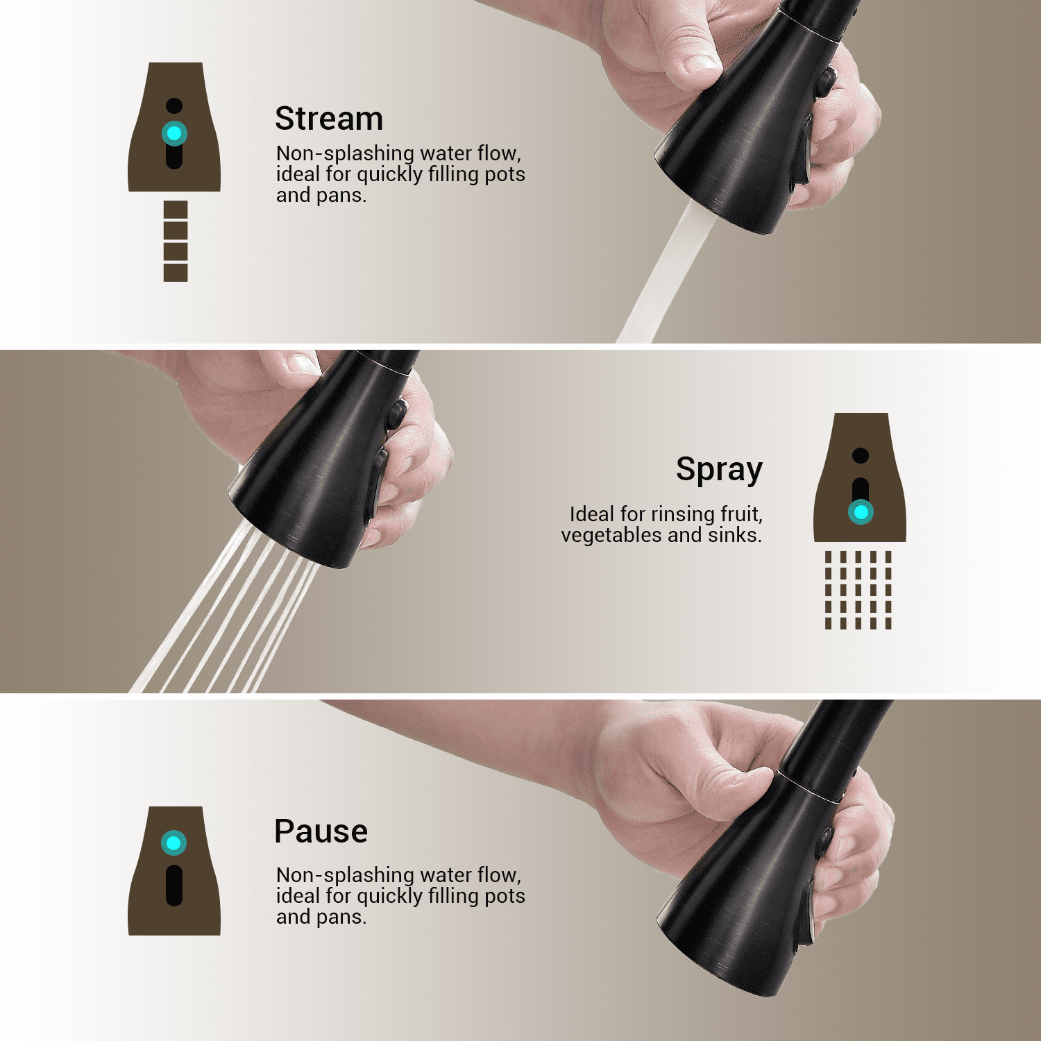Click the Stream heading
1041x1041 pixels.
(x=329, y=119)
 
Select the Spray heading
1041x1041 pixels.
(x=720, y=470)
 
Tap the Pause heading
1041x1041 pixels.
(x=321, y=831)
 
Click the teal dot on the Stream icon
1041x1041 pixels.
(x=174, y=133)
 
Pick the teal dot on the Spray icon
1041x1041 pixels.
(x=861, y=512)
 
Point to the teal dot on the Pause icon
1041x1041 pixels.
(x=173, y=843)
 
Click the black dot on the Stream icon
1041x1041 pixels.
(x=174, y=105)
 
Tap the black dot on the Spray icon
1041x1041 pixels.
(x=861, y=455)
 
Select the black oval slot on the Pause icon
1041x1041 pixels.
(x=174, y=885)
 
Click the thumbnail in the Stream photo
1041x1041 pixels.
(x=701, y=63)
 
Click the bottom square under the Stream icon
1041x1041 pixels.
(x=176, y=273)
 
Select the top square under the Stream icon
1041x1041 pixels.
(x=176, y=210)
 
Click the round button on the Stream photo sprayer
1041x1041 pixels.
(x=825, y=80)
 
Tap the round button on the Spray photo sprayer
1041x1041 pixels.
(x=397, y=414)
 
